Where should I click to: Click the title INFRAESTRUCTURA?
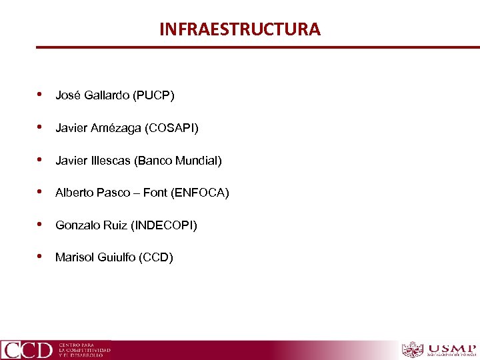(239, 29)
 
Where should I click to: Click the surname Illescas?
(109, 161)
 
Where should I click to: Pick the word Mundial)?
(199, 161)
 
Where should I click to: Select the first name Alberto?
(74, 193)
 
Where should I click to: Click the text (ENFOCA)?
(200, 193)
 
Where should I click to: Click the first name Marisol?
(75, 257)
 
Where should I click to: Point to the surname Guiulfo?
(116, 257)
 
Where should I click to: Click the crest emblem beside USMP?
(413, 350)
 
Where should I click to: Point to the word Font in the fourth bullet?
(155, 193)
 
